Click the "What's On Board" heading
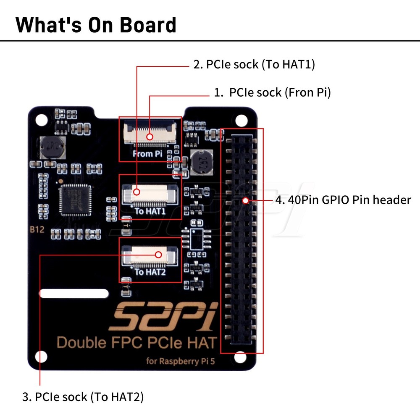pyautogui.click(x=96, y=25)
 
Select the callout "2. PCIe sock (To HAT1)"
pyautogui.click(x=254, y=65)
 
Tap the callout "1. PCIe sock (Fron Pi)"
pyautogui.click(x=272, y=93)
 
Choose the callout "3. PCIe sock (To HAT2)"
pyautogui.click(x=83, y=396)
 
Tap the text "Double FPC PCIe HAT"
pyautogui.click(x=136, y=342)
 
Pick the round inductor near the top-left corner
pyautogui.click(x=50, y=147)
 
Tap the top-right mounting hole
pyautogui.click(x=241, y=121)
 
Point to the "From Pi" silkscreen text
pyautogui.click(x=147, y=154)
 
